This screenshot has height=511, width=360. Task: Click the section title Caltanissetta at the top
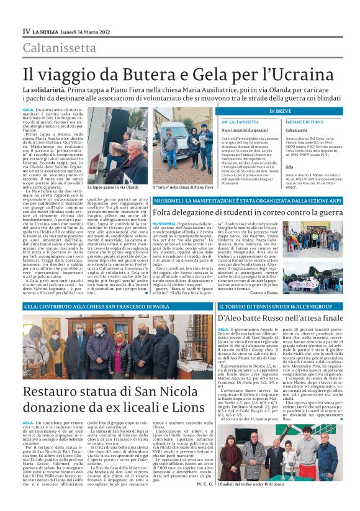click(60, 47)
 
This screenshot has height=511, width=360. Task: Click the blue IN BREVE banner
click(280, 111)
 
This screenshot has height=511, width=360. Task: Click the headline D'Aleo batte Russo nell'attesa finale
click(281, 318)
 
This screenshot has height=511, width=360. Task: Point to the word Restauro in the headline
click(50, 392)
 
